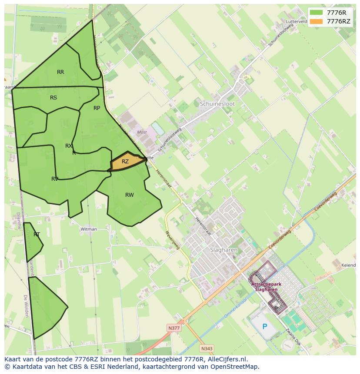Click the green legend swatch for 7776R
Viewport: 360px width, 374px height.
(x=317, y=13)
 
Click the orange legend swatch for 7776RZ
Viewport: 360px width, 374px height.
(x=317, y=21)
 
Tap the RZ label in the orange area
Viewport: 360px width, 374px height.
(x=125, y=162)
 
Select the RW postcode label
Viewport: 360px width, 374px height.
(x=130, y=195)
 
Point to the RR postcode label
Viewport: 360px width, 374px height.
(x=60, y=72)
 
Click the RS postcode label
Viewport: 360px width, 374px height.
(x=53, y=98)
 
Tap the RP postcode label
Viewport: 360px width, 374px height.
(x=97, y=108)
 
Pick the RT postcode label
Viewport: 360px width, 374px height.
(x=37, y=235)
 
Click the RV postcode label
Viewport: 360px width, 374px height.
(x=55, y=179)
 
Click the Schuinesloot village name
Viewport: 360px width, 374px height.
(x=217, y=104)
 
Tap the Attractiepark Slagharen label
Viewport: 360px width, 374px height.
(x=266, y=287)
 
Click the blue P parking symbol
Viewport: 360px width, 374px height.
(x=264, y=327)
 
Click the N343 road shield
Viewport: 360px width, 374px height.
(x=207, y=348)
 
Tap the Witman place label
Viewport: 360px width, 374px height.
(x=89, y=229)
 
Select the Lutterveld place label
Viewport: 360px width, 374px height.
(x=297, y=21)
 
